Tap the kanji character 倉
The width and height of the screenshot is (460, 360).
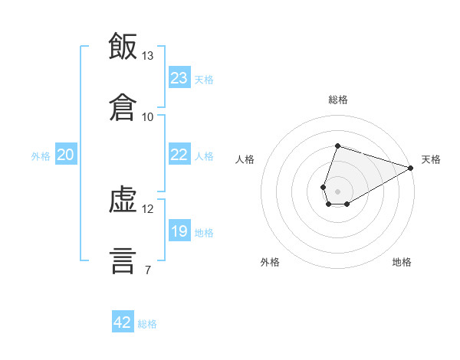pos(123,106)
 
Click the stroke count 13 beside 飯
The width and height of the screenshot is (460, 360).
pos(148,56)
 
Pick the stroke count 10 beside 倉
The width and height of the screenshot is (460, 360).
pos(148,116)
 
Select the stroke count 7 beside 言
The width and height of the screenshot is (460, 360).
pos(147,270)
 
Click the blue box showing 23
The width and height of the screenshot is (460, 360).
pos(179,77)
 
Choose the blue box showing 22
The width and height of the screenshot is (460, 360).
pos(179,155)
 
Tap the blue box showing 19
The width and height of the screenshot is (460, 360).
pos(179,231)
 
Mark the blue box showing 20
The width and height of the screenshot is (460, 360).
pos(66,155)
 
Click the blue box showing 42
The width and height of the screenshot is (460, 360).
pos(123,322)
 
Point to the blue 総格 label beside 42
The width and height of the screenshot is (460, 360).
pos(147,324)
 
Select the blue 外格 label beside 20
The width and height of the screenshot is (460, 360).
pos(41,156)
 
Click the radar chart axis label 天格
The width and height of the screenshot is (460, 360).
pos(431,159)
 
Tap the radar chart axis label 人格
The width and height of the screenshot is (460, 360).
pos(245,159)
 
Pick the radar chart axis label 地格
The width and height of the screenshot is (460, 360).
pos(402,262)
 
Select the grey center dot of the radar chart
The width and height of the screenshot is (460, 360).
pos(337,190)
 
